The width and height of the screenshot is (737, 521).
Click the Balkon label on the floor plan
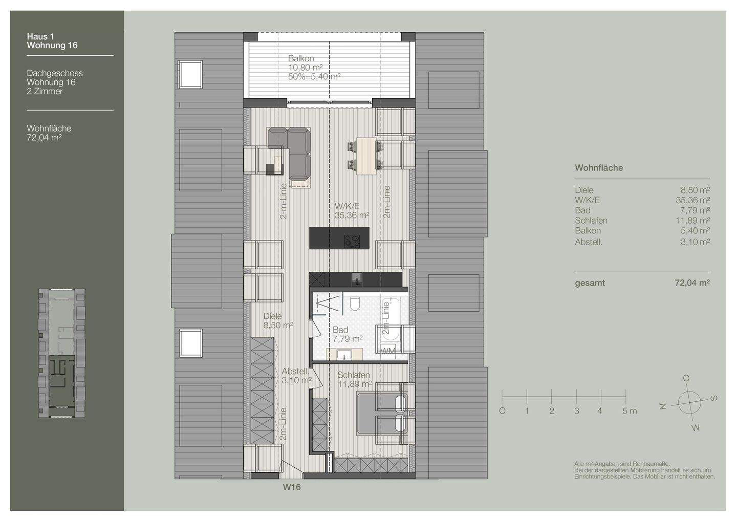(x=301, y=58)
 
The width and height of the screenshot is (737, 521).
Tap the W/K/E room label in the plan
(x=346, y=206)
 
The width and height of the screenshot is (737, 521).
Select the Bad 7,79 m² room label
(x=340, y=330)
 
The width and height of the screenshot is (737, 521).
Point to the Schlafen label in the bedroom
(x=354, y=375)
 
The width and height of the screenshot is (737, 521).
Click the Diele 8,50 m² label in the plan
(x=273, y=316)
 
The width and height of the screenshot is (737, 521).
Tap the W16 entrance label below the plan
(x=292, y=487)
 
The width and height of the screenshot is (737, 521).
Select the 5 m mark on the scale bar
(x=629, y=410)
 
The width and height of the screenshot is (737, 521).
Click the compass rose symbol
(x=689, y=402)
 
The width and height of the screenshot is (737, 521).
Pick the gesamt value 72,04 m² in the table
(x=692, y=283)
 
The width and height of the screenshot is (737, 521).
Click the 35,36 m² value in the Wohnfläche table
(x=692, y=200)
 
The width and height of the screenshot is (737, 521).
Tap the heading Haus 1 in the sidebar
(x=40, y=36)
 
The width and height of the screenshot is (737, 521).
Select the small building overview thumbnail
(x=62, y=354)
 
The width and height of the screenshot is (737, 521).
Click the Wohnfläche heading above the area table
(x=598, y=168)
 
